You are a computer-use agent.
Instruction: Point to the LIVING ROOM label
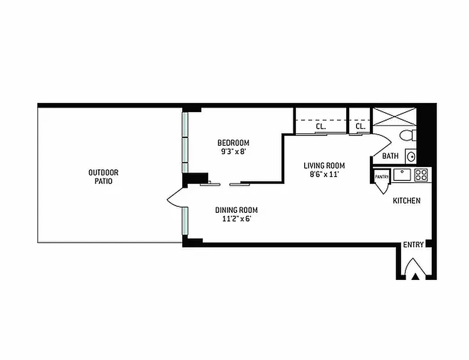tap(324, 166)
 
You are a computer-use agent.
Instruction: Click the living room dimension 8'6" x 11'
tap(324, 174)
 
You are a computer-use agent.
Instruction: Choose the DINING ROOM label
tap(236, 210)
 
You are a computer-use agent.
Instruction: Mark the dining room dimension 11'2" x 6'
tap(236, 219)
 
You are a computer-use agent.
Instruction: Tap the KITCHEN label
tap(407, 201)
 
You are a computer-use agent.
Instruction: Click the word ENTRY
tap(413, 245)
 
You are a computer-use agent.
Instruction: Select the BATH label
tap(390, 156)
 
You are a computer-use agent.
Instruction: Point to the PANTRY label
tap(382, 177)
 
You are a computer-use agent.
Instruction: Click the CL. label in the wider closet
tap(320, 127)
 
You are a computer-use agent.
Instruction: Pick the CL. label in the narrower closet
tap(360, 127)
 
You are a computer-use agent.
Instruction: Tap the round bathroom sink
tap(410, 156)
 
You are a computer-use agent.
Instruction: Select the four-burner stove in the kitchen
tap(421, 175)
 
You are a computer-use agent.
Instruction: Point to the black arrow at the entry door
tap(416, 276)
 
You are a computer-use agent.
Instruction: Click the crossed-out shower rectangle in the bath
tap(395, 117)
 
